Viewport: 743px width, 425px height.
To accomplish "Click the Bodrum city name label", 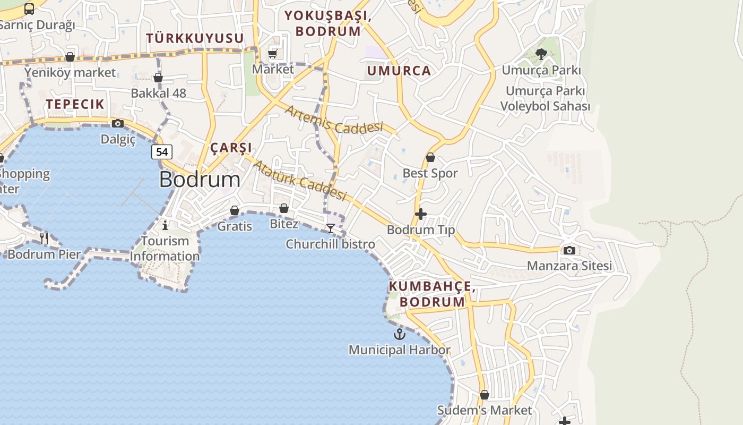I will click(200, 180).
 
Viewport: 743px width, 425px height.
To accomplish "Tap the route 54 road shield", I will click(162, 152).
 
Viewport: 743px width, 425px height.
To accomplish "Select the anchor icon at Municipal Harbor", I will click(399, 334).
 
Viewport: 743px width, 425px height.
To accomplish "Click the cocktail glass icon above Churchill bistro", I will click(331, 228).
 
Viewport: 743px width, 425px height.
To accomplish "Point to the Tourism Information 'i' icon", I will click(165, 225).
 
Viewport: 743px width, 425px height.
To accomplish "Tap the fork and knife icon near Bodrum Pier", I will click(44, 239).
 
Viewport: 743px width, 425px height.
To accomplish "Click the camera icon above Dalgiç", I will click(118, 124).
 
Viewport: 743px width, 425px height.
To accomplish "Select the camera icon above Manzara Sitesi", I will click(569, 250).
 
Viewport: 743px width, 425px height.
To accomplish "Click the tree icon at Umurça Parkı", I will click(541, 54).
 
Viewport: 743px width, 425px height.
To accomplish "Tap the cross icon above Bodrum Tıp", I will click(421, 214).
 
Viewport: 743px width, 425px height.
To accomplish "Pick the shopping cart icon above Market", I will click(273, 54).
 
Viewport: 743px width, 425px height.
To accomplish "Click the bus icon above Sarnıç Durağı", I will click(29, 9).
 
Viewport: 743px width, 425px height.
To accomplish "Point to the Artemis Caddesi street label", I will click(334, 120).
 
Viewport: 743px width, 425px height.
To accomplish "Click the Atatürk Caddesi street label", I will click(299, 181).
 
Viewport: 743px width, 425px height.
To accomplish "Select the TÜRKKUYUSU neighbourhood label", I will click(195, 38).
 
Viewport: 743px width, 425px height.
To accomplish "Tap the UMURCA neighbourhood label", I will click(399, 71).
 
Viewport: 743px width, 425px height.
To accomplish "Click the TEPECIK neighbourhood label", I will click(75, 104).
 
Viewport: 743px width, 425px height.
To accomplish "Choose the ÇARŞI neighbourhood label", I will click(231, 148).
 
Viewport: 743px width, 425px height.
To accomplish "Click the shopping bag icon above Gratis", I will click(235, 211).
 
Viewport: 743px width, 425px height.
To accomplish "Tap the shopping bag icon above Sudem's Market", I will click(485, 395).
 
